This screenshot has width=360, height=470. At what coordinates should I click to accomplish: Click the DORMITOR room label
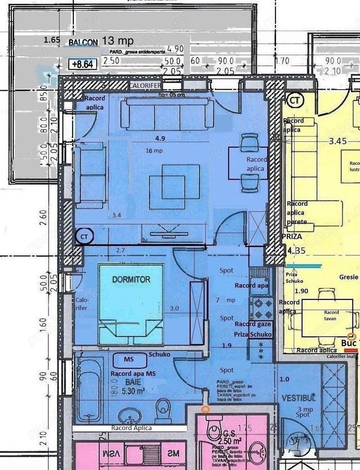(x=131, y=279)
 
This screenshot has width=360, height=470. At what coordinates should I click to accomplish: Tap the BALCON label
(x=83, y=43)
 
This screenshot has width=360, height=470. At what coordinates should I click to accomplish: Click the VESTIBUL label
(x=298, y=398)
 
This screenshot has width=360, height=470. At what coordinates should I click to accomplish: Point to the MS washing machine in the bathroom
(x=129, y=359)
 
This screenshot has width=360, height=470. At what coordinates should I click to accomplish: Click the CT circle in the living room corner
(x=83, y=236)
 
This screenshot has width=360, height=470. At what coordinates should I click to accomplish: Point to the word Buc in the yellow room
(x=349, y=342)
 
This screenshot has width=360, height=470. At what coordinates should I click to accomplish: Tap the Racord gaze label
(x=253, y=324)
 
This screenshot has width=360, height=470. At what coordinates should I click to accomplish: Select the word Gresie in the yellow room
(x=349, y=277)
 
